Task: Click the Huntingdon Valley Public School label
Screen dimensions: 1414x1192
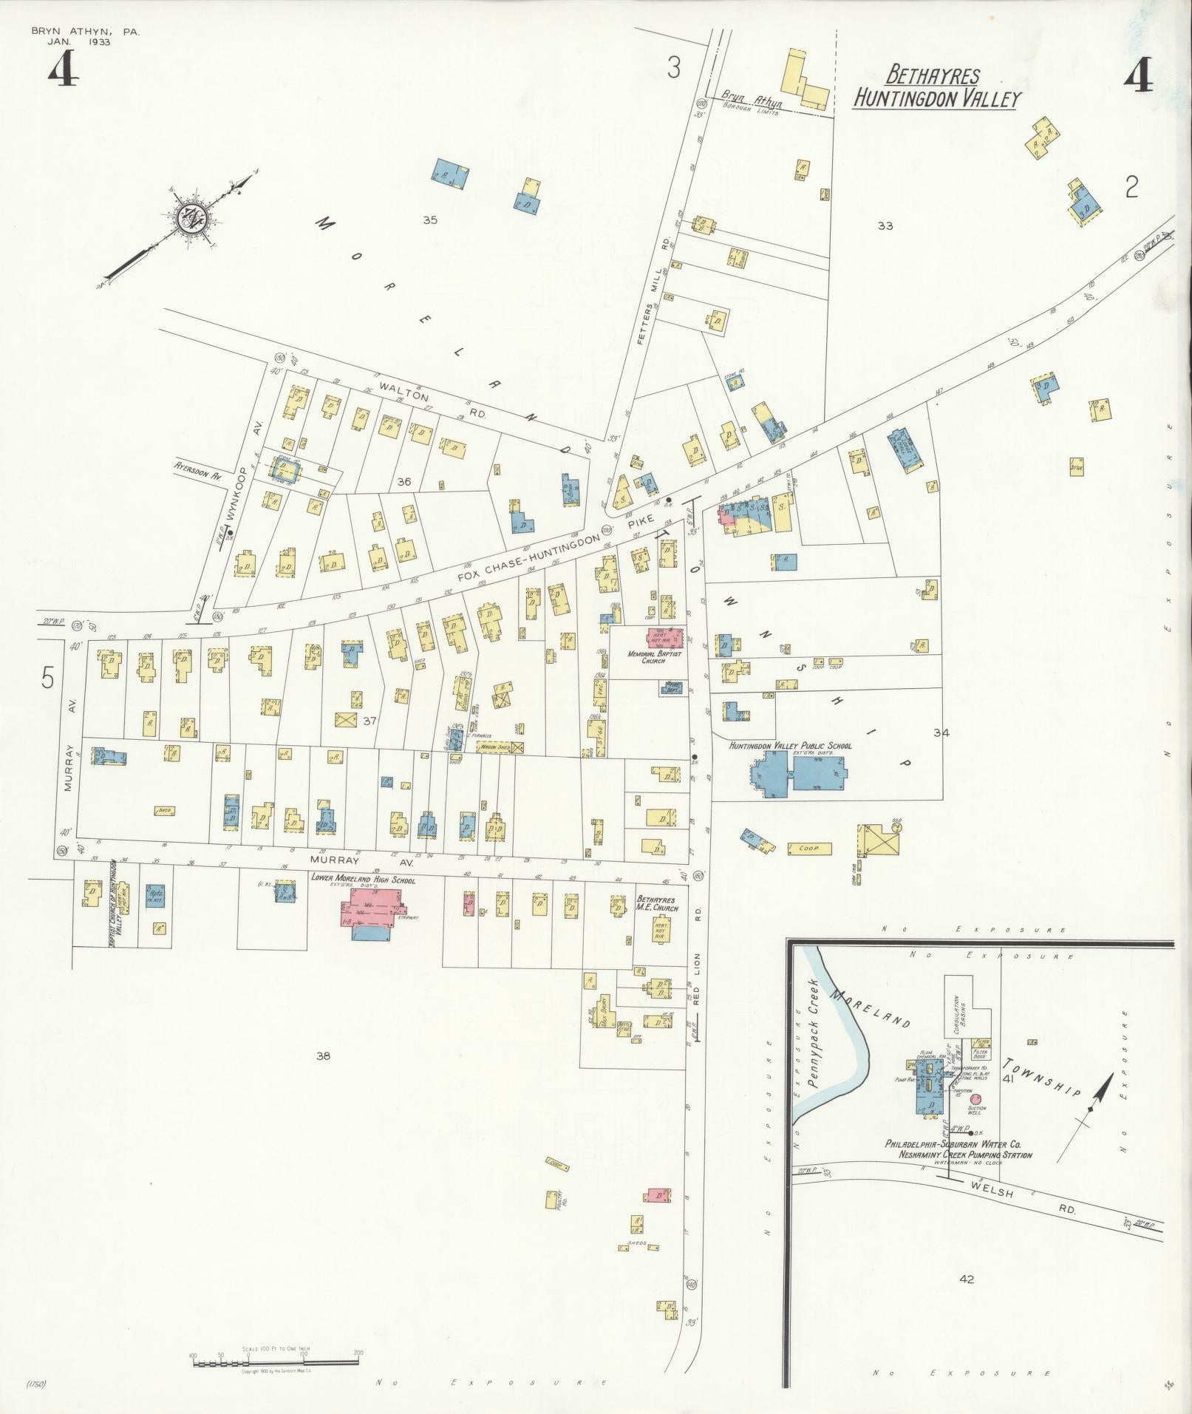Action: tap(790, 746)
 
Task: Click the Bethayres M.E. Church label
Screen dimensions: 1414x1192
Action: tap(658, 903)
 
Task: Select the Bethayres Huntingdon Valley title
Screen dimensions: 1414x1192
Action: tap(936, 87)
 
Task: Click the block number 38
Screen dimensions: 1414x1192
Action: tap(323, 1056)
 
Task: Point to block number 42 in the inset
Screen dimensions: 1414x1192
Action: tap(966, 1279)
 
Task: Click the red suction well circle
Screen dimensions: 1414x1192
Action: tap(977, 1099)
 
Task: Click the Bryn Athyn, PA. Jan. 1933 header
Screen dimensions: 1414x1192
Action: tap(84, 37)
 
